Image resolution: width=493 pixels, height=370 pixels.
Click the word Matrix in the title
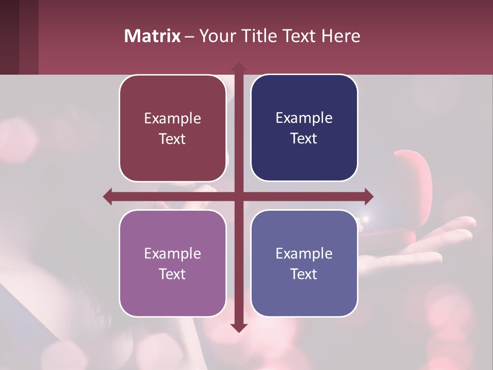(153, 36)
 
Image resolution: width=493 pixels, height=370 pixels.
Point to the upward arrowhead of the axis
(238, 67)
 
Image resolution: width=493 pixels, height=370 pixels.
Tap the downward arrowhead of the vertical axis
(238, 327)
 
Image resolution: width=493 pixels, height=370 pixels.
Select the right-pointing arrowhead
(368, 196)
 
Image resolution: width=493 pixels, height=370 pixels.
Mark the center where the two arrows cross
(238, 196)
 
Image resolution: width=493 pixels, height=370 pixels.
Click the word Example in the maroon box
(173, 119)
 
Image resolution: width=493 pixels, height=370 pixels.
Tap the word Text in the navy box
(304, 139)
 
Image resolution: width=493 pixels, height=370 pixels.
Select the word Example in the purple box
(173, 253)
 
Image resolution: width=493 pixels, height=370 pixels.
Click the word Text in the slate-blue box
(304, 274)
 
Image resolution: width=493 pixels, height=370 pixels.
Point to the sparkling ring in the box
(367, 220)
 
